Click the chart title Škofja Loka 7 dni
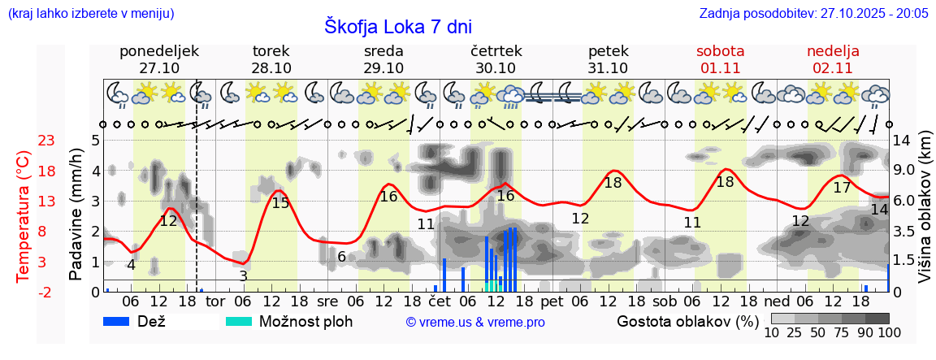point(397,26)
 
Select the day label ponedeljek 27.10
point(159,59)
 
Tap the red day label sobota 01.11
point(721,59)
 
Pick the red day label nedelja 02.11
point(833,59)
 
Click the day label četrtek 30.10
point(496,59)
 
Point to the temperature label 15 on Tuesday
point(280,203)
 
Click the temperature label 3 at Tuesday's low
point(243,276)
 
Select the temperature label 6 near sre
point(342,257)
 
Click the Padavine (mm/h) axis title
point(76,215)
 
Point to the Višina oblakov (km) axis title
point(925,215)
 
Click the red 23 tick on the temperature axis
point(46,141)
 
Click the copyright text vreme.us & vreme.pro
point(475,323)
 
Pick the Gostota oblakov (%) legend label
point(687,321)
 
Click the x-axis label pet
point(552,301)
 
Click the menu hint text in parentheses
point(90,13)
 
